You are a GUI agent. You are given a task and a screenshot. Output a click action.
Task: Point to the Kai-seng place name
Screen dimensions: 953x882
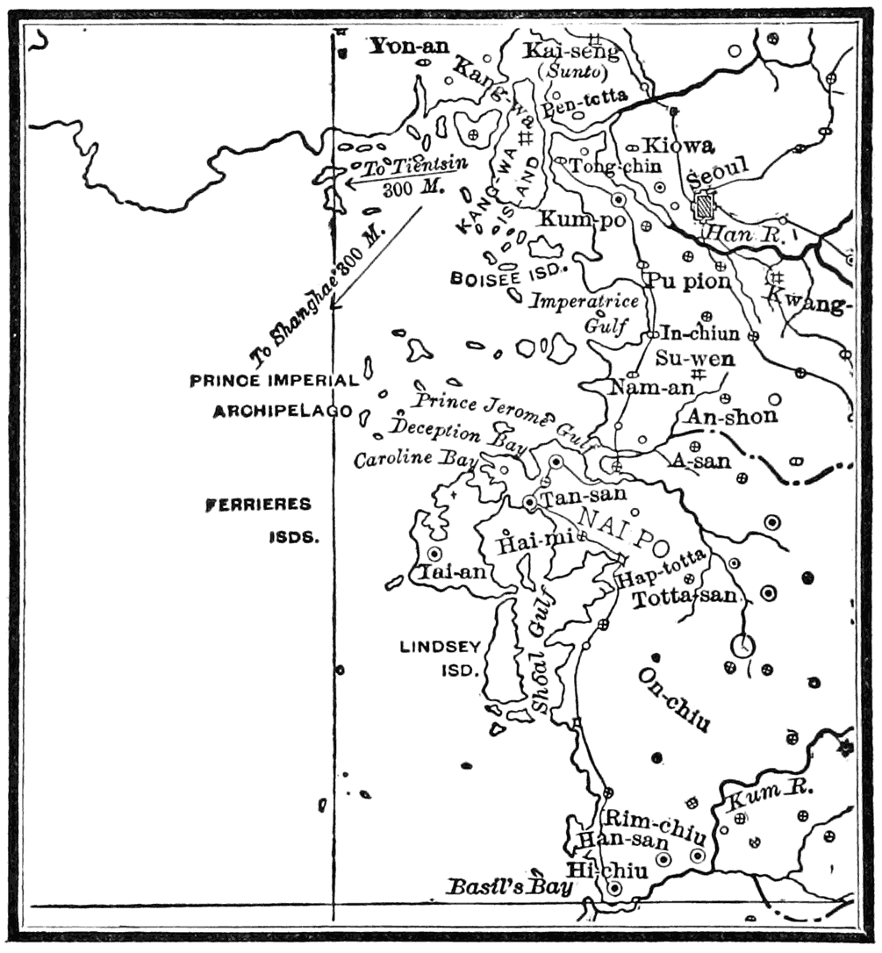[571, 51]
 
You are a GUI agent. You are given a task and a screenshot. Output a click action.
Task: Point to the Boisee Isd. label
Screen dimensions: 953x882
[510, 277]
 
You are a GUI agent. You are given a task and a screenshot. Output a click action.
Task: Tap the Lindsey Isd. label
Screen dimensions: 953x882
[441, 658]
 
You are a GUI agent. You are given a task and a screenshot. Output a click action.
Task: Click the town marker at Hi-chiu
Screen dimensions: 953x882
[615, 889]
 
